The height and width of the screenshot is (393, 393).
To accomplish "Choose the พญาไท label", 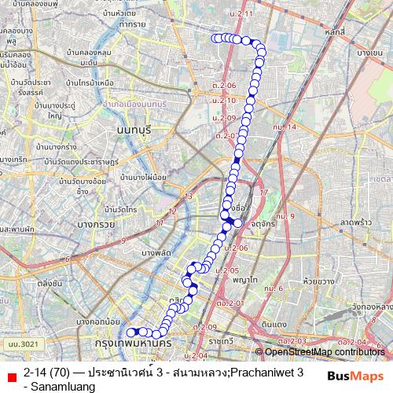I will click(246, 279).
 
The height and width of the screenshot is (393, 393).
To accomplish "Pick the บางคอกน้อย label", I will click(98, 321).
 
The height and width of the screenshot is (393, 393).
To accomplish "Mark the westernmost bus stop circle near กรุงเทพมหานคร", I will click(131, 332).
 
